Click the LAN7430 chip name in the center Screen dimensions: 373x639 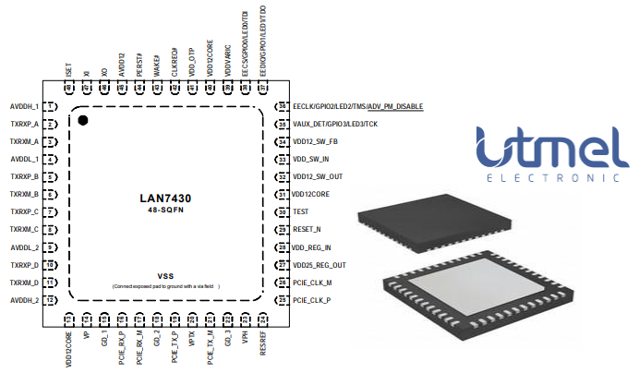[x=165, y=198]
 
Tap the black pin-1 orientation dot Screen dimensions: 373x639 [x=82, y=120]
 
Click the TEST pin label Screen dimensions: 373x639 [x=301, y=211]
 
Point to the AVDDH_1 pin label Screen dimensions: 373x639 [x=24, y=107]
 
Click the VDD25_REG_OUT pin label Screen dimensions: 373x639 [x=319, y=265]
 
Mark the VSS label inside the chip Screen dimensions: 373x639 [x=165, y=276]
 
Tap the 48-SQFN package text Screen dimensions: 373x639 [x=165, y=211]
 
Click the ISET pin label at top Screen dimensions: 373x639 [x=69, y=70]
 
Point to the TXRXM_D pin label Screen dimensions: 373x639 [x=24, y=283]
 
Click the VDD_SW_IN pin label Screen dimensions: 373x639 [x=311, y=160]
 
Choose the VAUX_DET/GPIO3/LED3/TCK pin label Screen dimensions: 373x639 [x=335, y=124]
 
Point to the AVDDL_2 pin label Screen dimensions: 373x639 [x=24, y=247]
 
